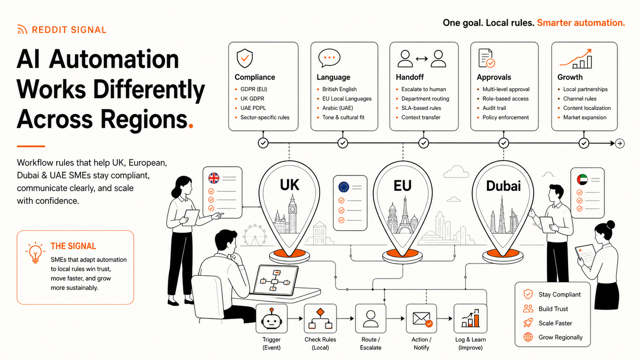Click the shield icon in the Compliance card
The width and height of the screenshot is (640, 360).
[x=245, y=58]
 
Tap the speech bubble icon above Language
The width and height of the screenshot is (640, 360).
[x=329, y=58]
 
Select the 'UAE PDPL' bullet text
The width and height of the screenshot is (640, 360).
[x=253, y=108]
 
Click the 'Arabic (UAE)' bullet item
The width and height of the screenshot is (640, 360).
[x=337, y=108]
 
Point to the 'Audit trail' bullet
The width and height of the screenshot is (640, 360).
[x=494, y=108]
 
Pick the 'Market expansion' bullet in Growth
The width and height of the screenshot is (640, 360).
[x=585, y=117]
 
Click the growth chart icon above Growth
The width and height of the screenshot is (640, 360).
[x=575, y=59]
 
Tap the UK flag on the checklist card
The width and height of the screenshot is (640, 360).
[x=214, y=178]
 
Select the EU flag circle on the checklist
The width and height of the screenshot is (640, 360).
[x=344, y=187]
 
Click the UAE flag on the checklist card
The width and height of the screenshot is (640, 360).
[x=582, y=180]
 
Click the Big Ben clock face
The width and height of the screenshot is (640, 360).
[x=292, y=210]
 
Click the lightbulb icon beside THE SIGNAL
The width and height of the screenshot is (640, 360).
[x=35, y=252]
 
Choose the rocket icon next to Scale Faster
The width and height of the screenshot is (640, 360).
[x=528, y=323]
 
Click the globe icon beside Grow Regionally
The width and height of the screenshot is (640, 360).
[x=528, y=337]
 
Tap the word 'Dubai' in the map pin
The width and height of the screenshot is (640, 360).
[x=503, y=186]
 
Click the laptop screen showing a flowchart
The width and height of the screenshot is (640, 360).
[x=275, y=280]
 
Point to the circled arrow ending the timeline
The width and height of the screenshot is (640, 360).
[x=620, y=143]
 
